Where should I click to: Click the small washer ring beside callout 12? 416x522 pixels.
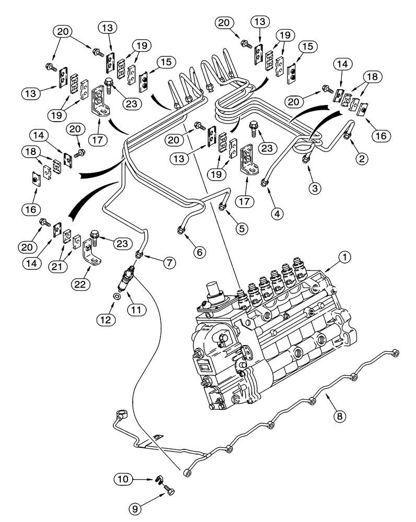point(118,297)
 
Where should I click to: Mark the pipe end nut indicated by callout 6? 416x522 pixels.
point(181,231)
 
